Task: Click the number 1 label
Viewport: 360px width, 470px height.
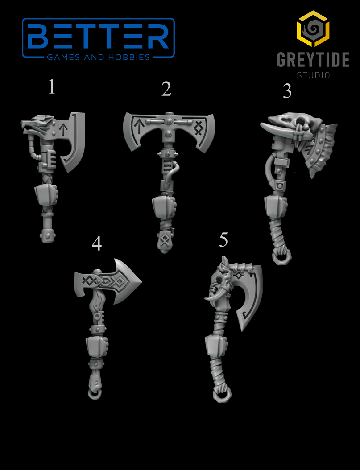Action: coord(52,87)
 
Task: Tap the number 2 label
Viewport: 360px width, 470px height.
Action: coord(166,89)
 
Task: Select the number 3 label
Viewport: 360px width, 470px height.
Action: coord(287,91)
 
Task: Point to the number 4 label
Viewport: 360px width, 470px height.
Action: coord(96,243)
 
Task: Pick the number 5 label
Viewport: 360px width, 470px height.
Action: coord(223,240)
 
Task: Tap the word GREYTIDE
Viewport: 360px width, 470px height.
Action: coord(312,60)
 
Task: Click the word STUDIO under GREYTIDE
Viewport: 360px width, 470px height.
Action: coord(313,75)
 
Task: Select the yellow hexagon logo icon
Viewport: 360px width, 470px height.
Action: coord(313,29)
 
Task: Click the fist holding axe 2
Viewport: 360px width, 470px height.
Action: coord(164,207)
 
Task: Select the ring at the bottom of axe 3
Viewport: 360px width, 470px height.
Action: coord(282,257)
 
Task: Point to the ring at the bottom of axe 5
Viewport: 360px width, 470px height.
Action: coord(222,395)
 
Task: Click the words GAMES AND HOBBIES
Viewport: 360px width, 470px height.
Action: coord(99,57)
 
